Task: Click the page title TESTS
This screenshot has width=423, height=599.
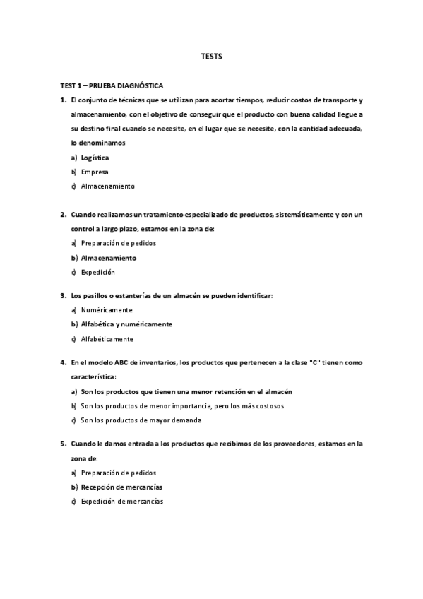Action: (212, 57)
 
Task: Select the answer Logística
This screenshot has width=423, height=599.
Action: (95, 158)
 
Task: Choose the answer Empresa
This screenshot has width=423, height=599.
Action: (95, 172)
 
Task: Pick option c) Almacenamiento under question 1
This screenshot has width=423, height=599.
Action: (107, 186)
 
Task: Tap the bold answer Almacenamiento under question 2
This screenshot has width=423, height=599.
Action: (109, 258)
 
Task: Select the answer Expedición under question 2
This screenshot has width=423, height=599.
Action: (97, 272)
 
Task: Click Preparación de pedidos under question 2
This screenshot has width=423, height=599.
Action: (118, 243)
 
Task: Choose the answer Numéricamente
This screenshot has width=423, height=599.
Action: (107, 309)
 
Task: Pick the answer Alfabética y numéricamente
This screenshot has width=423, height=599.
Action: (126, 324)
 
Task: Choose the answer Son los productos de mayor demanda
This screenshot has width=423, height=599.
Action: (141, 420)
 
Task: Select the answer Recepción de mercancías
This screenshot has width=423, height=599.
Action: (122, 487)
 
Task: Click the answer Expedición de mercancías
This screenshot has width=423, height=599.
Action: (122, 502)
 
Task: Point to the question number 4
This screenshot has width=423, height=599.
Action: (63, 362)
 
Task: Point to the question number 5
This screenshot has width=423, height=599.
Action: (63, 444)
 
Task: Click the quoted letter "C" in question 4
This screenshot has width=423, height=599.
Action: (315, 362)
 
